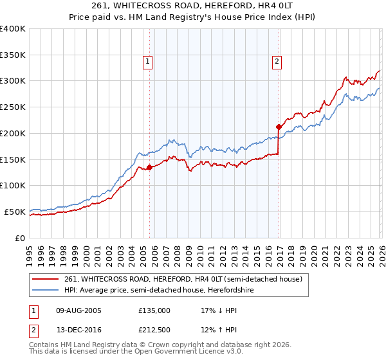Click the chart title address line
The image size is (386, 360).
[x=193, y=6]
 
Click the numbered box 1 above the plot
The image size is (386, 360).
[x=148, y=62]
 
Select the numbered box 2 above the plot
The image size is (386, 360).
[x=277, y=62]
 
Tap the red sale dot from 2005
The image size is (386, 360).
[x=149, y=167]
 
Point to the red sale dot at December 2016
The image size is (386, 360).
[x=279, y=127]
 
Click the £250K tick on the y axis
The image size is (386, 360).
[x=13, y=107]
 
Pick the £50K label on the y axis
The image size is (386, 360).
[x=15, y=211]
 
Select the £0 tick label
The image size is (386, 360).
[x=21, y=237]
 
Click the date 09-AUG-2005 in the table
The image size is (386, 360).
[x=79, y=310]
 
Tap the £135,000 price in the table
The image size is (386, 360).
[x=154, y=310]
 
